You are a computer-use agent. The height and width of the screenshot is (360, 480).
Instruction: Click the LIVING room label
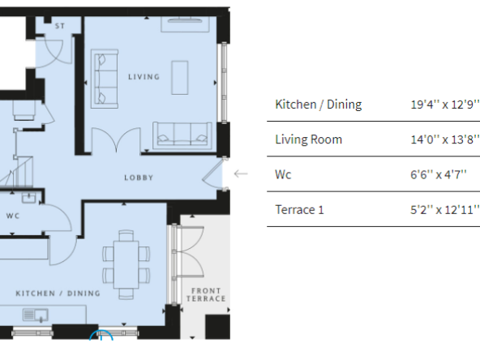(144, 77)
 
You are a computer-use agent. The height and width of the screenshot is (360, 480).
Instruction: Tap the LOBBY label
(139, 178)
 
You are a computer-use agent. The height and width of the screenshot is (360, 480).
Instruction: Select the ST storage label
(60, 26)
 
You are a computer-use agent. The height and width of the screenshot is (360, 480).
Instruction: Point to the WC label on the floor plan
(13, 216)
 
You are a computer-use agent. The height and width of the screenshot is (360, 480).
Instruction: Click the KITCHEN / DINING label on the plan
(58, 294)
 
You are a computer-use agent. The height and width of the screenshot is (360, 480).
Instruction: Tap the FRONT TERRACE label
(206, 294)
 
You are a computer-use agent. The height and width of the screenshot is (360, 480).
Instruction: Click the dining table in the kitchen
(126, 264)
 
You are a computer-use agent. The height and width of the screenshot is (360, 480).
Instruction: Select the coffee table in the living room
(180, 78)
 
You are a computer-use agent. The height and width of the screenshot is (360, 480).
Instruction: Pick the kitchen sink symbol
(36, 315)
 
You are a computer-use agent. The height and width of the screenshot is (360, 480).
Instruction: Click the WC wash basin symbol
(29, 198)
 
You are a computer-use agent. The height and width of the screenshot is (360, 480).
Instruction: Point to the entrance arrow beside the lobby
(241, 174)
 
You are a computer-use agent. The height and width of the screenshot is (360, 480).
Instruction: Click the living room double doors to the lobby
(116, 140)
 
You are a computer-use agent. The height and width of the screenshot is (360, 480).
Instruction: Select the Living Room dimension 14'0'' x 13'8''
(444, 139)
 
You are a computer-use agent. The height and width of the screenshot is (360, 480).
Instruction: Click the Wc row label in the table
(283, 174)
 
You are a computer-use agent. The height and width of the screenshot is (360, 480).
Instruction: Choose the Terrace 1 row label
(299, 210)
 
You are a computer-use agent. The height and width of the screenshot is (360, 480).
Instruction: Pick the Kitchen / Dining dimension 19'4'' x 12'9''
(444, 105)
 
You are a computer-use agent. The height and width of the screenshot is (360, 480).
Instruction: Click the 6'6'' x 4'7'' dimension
(439, 174)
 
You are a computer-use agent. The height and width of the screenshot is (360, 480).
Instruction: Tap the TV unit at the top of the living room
(185, 24)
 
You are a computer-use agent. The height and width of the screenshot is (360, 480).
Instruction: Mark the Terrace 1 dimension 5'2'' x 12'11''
(444, 210)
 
